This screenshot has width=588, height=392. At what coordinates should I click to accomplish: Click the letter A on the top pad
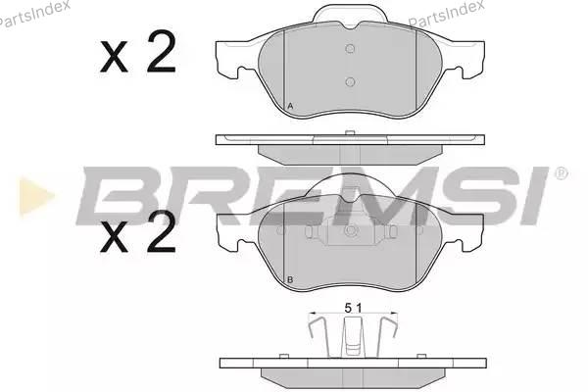[x=290, y=106]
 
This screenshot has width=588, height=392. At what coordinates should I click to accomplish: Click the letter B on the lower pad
[x=290, y=280]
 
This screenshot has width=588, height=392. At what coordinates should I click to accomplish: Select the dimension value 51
[x=353, y=309]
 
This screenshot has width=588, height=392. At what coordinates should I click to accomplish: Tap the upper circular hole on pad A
[x=350, y=49]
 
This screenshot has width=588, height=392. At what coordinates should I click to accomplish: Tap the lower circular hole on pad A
[x=350, y=81]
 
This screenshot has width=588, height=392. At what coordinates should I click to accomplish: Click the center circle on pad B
[x=350, y=230]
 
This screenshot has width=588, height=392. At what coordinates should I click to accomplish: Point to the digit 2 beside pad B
[x=162, y=231]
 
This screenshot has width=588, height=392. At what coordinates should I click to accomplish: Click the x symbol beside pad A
[x=114, y=58]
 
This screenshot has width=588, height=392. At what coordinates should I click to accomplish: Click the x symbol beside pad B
[x=114, y=237]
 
